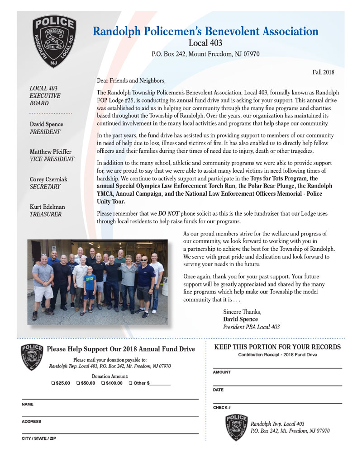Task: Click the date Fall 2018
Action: point(323,72)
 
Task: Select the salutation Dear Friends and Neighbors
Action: point(131,80)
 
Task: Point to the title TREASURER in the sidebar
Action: point(45,215)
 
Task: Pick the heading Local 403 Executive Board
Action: point(45,95)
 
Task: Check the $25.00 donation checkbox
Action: point(53,383)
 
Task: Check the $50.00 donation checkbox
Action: point(78,383)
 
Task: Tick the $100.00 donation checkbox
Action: point(103,383)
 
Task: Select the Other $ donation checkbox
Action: point(130,383)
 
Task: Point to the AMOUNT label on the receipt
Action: point(222,372)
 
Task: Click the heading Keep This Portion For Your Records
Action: point(277,347)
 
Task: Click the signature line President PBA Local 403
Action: point(251,327)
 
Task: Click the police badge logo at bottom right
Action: point(236,428)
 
